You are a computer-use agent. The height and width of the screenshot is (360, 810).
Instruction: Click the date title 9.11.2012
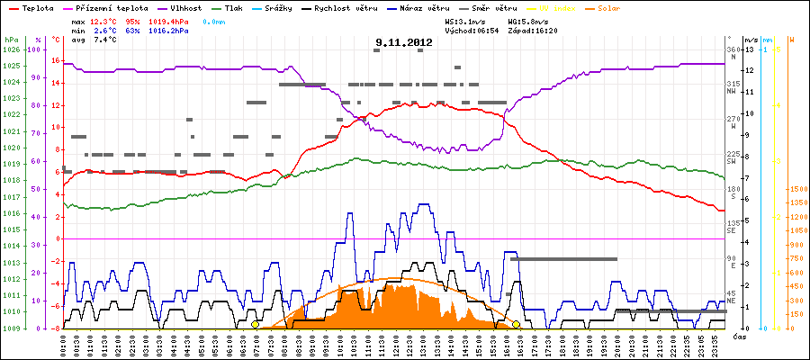tap(404, 41)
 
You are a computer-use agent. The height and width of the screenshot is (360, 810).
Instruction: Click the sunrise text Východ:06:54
tap(471, 30)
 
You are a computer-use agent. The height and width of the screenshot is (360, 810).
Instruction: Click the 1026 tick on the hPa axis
tap(11, 49)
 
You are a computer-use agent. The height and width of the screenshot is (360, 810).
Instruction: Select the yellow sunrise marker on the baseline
tap(255, 324)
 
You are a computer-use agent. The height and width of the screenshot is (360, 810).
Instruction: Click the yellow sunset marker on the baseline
tap(516, 324)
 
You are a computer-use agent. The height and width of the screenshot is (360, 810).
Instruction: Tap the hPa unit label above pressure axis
tap(11, 40)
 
